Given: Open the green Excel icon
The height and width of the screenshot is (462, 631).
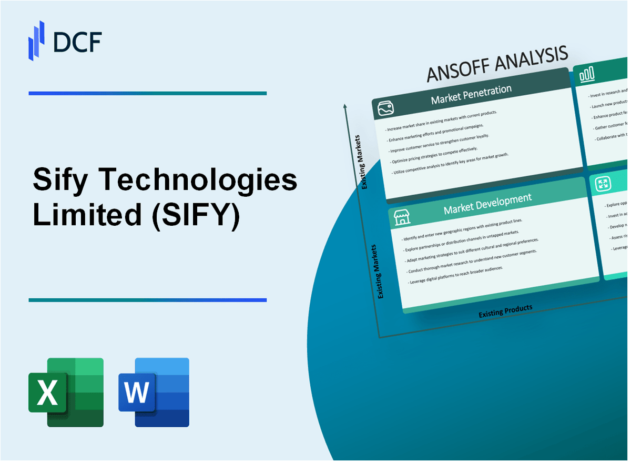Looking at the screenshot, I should click(66, 392).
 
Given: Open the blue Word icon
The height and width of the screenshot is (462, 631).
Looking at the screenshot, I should click(154, 392).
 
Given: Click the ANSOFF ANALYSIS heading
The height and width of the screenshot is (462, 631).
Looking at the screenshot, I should click(497, 65).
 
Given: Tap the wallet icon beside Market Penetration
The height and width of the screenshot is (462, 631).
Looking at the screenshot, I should click(386, 109).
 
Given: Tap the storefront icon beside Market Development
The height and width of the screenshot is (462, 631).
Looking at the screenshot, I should click(401, 216).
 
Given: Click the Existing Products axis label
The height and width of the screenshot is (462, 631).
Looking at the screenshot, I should click(505, 311).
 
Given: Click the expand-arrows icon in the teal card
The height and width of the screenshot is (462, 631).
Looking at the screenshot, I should click(603, 184).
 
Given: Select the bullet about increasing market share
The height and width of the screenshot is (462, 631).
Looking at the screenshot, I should click(442, 120).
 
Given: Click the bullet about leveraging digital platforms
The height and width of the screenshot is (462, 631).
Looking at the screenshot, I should click(456, 275).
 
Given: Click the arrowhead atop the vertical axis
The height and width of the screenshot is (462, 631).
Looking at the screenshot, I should click(345, 106).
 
